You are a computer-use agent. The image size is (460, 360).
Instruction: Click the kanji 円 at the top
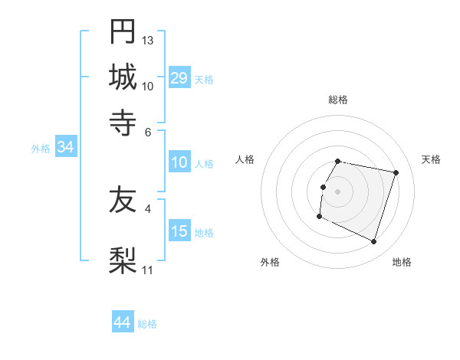123,33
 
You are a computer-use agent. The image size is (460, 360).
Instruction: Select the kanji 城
123,77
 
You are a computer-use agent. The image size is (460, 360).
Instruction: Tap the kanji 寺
123,122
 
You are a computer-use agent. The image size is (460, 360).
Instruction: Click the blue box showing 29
179,78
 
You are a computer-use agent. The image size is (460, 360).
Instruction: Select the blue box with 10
179,162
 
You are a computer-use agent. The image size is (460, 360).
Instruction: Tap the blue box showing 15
179,231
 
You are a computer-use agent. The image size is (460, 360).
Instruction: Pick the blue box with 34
65,148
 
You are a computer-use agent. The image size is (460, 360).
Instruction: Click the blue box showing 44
122,322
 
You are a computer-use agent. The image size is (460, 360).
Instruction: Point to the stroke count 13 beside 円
148,40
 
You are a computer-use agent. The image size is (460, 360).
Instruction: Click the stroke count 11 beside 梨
148,270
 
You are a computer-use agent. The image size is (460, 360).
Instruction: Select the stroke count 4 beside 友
148,208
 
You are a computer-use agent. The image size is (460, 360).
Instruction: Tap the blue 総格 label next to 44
148,324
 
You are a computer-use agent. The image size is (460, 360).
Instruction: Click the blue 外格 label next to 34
41,149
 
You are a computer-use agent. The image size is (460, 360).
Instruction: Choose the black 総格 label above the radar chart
338,100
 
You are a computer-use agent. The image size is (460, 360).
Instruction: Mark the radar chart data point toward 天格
396,172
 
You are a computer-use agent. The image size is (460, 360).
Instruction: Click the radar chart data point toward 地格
374,242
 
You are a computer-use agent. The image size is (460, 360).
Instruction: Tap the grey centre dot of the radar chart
338,191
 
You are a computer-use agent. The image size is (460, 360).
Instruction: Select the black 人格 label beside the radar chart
245,159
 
